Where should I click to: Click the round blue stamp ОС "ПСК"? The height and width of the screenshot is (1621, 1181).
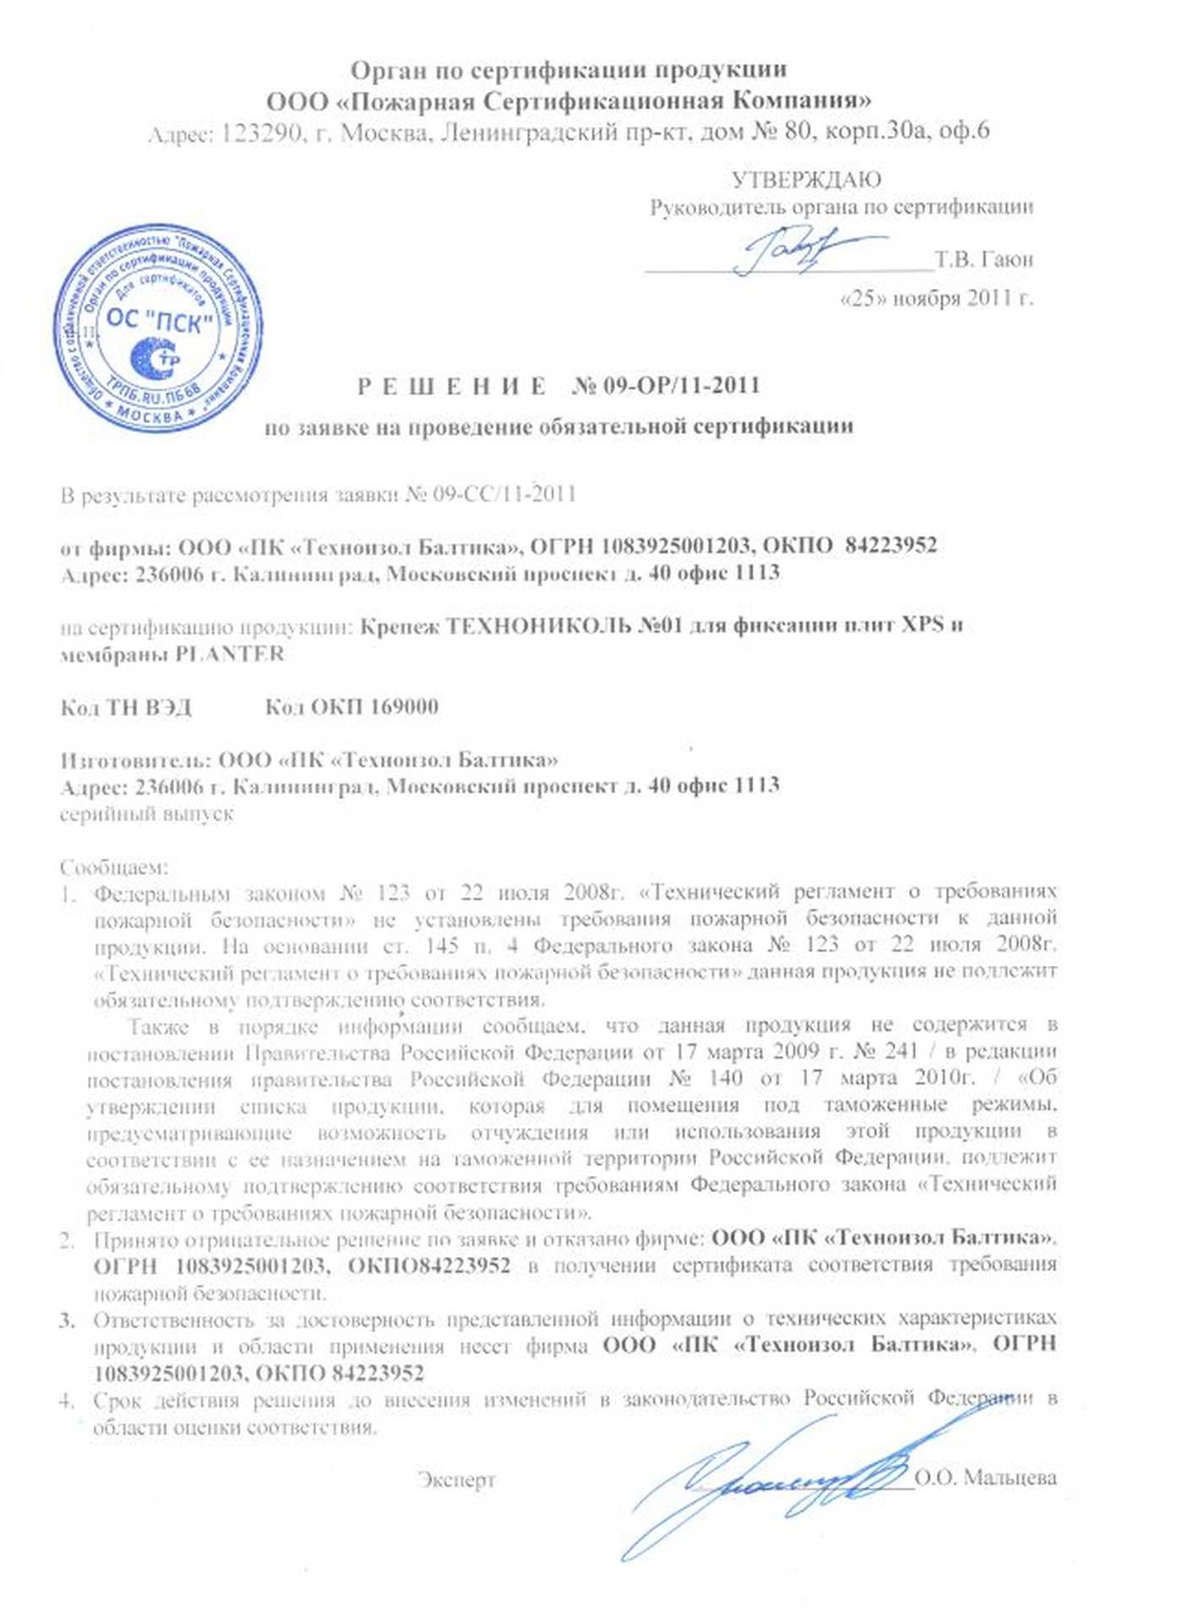tap(157, 327)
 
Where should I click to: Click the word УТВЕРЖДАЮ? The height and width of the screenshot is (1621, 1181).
tap(806, 180)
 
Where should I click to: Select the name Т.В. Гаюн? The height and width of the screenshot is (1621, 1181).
tap(984, 259)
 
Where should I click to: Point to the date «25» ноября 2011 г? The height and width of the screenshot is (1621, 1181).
tap(937, 298)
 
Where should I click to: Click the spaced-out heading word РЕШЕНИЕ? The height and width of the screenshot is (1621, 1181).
tap(451, 387)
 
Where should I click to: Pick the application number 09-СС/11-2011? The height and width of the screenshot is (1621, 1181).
tap(504, 494)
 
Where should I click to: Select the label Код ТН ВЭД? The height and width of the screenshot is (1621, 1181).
tap(126, 707)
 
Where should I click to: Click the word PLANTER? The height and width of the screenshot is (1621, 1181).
tap(230, 654)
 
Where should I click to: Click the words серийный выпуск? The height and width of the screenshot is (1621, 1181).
tap(147, 815)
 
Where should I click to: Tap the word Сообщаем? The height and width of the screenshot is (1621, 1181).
tap(114, 867)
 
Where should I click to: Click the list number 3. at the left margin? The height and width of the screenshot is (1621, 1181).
tap(68, 1320)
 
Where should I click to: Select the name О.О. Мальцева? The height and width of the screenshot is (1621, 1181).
tap(985, 1477)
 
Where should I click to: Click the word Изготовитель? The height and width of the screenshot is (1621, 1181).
tap(134, 760)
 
